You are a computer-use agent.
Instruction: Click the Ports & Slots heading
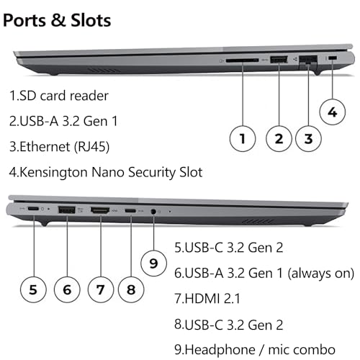[x=57, y=19]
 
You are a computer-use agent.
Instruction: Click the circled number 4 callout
[x=331, y=112]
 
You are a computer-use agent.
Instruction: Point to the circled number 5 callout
[x=34, y=289]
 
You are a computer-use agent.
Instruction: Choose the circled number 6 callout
[x=67, y=289]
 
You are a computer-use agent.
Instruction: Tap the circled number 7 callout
[x=100, y=289]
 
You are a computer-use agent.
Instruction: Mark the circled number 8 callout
[x=130, y=289]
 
